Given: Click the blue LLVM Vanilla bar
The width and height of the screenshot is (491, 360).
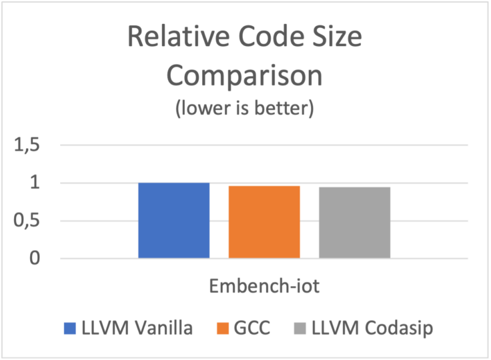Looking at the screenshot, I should click(173, 220).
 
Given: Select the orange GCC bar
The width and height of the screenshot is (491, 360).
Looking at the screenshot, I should click(264, 221).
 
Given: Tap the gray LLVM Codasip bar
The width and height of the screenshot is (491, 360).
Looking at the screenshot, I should click(354, 222).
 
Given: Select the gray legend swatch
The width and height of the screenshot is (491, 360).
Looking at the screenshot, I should click(300, 328).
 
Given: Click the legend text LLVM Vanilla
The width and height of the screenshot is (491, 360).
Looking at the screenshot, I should click(137, 328).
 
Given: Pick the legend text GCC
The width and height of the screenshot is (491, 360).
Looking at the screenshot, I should click(253, 328).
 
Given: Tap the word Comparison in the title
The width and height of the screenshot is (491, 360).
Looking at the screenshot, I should click(244, 75).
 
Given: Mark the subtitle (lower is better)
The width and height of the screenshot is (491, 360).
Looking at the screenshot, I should click(244, 109).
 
